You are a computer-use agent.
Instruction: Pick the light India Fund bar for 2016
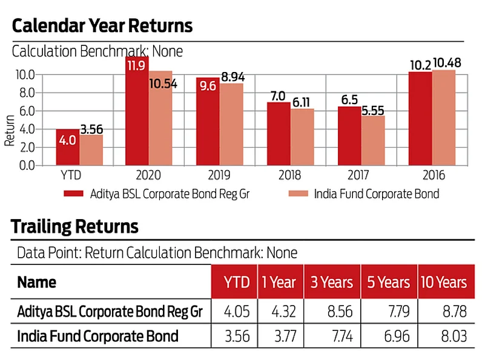[x=444, y=117]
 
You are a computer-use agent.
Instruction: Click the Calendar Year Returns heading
[x=102, y=26]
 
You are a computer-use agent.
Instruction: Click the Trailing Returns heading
[x=75, y=227]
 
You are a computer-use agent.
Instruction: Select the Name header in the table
[x=36, y=283]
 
